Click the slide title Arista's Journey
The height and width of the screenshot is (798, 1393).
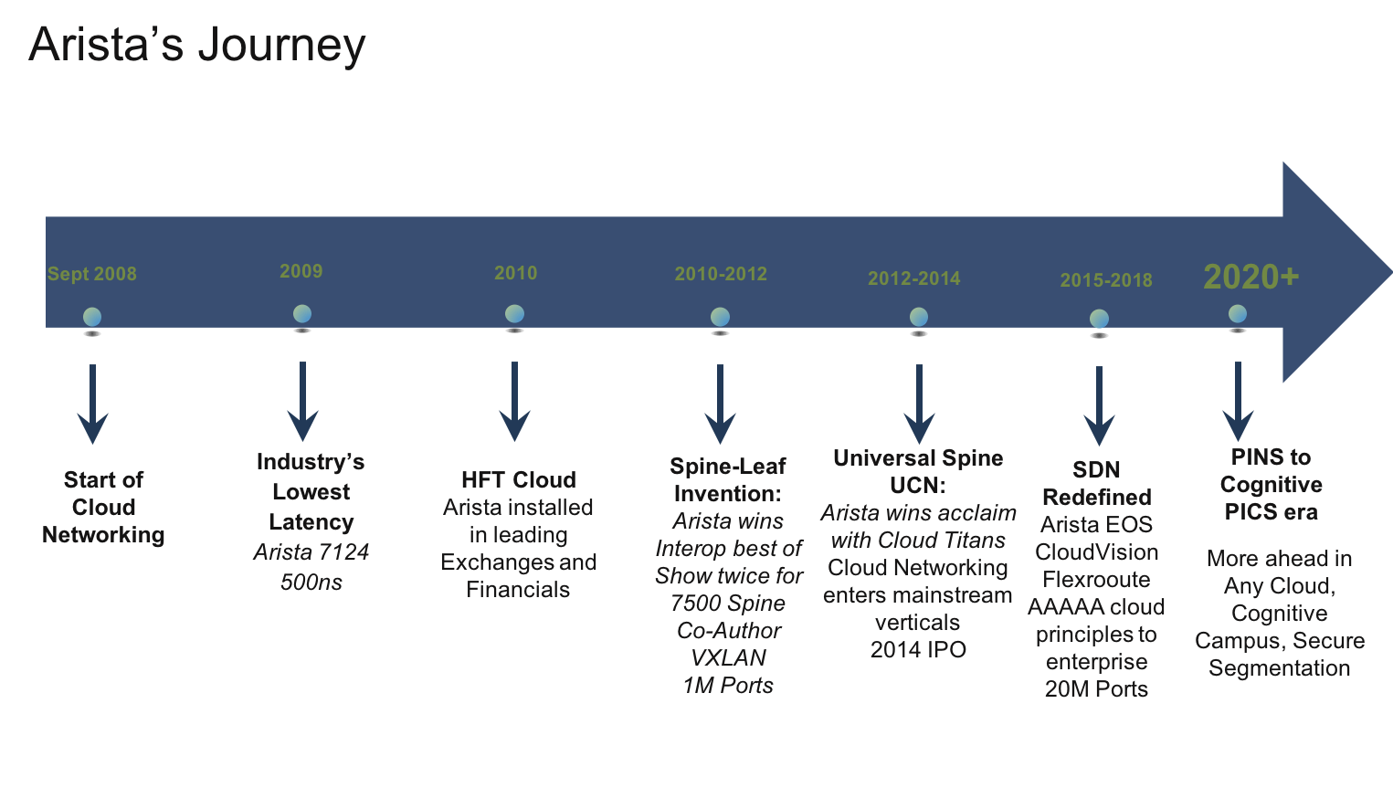point(196,46)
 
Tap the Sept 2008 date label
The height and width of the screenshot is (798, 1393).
point(92,274)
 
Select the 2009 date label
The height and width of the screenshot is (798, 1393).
point(301,271)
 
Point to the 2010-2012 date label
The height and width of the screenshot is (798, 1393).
point(721,274)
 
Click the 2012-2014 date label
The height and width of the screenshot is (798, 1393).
point(914,278)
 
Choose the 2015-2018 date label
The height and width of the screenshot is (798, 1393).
point(1106,280)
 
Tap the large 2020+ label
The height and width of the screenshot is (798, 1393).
point(1251,278)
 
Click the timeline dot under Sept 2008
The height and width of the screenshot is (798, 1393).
point(92,317)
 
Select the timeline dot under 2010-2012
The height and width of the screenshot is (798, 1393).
point(720,317)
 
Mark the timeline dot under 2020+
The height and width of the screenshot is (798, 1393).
point(1238,314)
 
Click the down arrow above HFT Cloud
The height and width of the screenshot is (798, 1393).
point(515,402)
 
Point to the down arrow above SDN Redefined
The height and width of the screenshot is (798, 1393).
point(1099,405)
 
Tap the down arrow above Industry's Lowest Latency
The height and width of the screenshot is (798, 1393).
point(303,402)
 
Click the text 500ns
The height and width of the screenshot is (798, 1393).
point(311,583)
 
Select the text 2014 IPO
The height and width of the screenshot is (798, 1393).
point(918,649)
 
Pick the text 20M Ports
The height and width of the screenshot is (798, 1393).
point(1096,688)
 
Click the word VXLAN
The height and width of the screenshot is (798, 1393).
point(728,657)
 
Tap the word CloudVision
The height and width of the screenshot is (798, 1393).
point(1096,551)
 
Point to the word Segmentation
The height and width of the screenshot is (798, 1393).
point(1279,668)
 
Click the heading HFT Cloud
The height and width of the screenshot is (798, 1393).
point(519,479)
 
